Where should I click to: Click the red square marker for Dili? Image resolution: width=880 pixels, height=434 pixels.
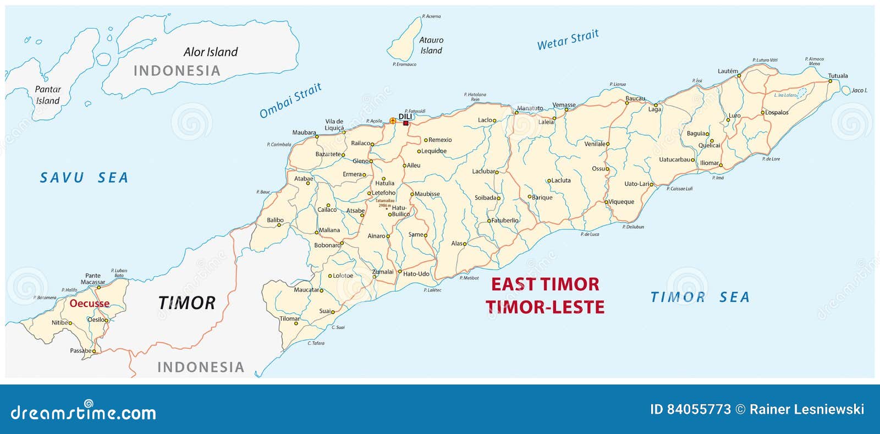(406, 123)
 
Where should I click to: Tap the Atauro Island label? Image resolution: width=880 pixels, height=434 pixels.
(431, 45)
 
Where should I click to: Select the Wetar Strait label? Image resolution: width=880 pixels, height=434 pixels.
(568, 40)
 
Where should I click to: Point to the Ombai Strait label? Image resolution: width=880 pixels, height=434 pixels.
(290, 100)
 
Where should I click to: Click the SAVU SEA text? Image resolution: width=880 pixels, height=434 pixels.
(84, 178)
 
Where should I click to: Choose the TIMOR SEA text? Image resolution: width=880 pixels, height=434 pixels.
(700, 297)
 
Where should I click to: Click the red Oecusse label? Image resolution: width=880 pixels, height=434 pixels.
(89, 303)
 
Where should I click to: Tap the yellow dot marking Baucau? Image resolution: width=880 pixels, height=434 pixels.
(626, 103)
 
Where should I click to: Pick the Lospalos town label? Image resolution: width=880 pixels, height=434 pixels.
(777, 113)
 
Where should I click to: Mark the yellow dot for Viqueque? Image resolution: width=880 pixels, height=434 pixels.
(607, 202)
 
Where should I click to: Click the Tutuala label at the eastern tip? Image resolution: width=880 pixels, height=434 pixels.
(838, 76)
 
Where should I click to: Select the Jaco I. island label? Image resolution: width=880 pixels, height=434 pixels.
(859, 90)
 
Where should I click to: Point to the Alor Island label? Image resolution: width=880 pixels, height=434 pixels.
(211, 52)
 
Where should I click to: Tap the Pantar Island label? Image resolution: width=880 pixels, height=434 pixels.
(48, 95)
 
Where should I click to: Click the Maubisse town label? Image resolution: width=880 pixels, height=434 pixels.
(427, 194)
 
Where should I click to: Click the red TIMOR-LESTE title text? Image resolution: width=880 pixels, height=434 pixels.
(544, 306)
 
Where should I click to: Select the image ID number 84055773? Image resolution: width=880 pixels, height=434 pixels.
(698, 409)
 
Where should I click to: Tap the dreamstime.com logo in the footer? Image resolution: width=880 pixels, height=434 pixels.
(84, 411)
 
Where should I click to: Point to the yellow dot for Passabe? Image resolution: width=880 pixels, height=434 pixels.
(94, 351)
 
